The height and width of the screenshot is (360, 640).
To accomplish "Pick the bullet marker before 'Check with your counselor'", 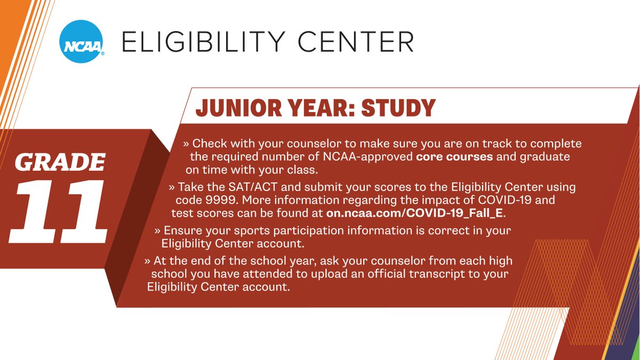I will [186, 144].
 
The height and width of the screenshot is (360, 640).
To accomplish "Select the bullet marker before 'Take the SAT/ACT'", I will [171, 188].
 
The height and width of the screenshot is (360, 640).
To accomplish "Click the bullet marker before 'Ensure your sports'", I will [157, 231].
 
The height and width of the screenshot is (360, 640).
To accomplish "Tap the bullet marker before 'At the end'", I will [147, 261].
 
